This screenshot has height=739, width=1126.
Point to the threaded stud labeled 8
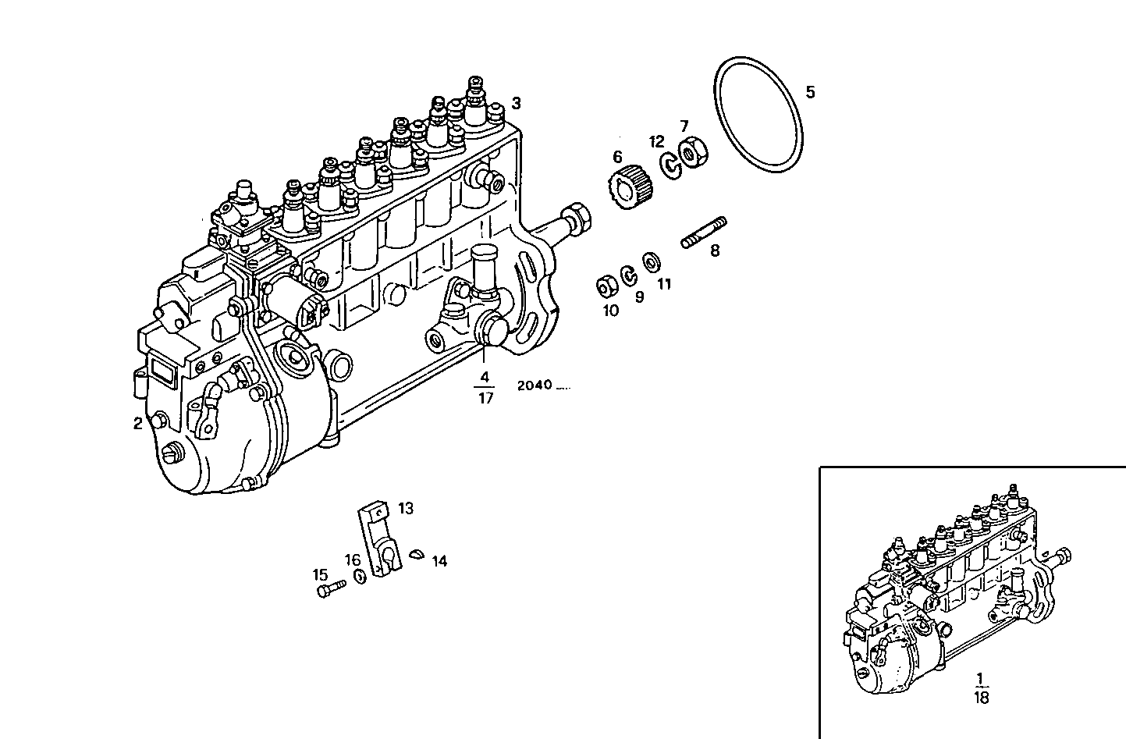(x=705, y=233)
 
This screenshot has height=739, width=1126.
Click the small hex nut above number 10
(x=605, y=287)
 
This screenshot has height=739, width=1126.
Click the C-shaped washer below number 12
(x=670, y=165)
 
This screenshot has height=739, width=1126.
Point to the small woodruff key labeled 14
(x=417, y=553)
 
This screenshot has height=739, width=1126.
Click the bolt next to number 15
(x=331, y=589)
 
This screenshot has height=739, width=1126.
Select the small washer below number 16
(x=360, y=577)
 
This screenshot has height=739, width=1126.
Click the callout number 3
(x=516, y=103)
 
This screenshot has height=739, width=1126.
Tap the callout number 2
(x=138, y=424)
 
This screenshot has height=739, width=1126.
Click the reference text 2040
(x=535, y=385)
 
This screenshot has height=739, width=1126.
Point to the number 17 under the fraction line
(x=485, y=397)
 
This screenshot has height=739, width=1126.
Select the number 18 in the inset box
(x=981, y=698)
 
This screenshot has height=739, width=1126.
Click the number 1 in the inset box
(x=981, y=677)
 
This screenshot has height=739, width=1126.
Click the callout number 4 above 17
(x=485, y=377)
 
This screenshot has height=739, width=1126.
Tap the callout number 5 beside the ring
(x=810, y=93)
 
